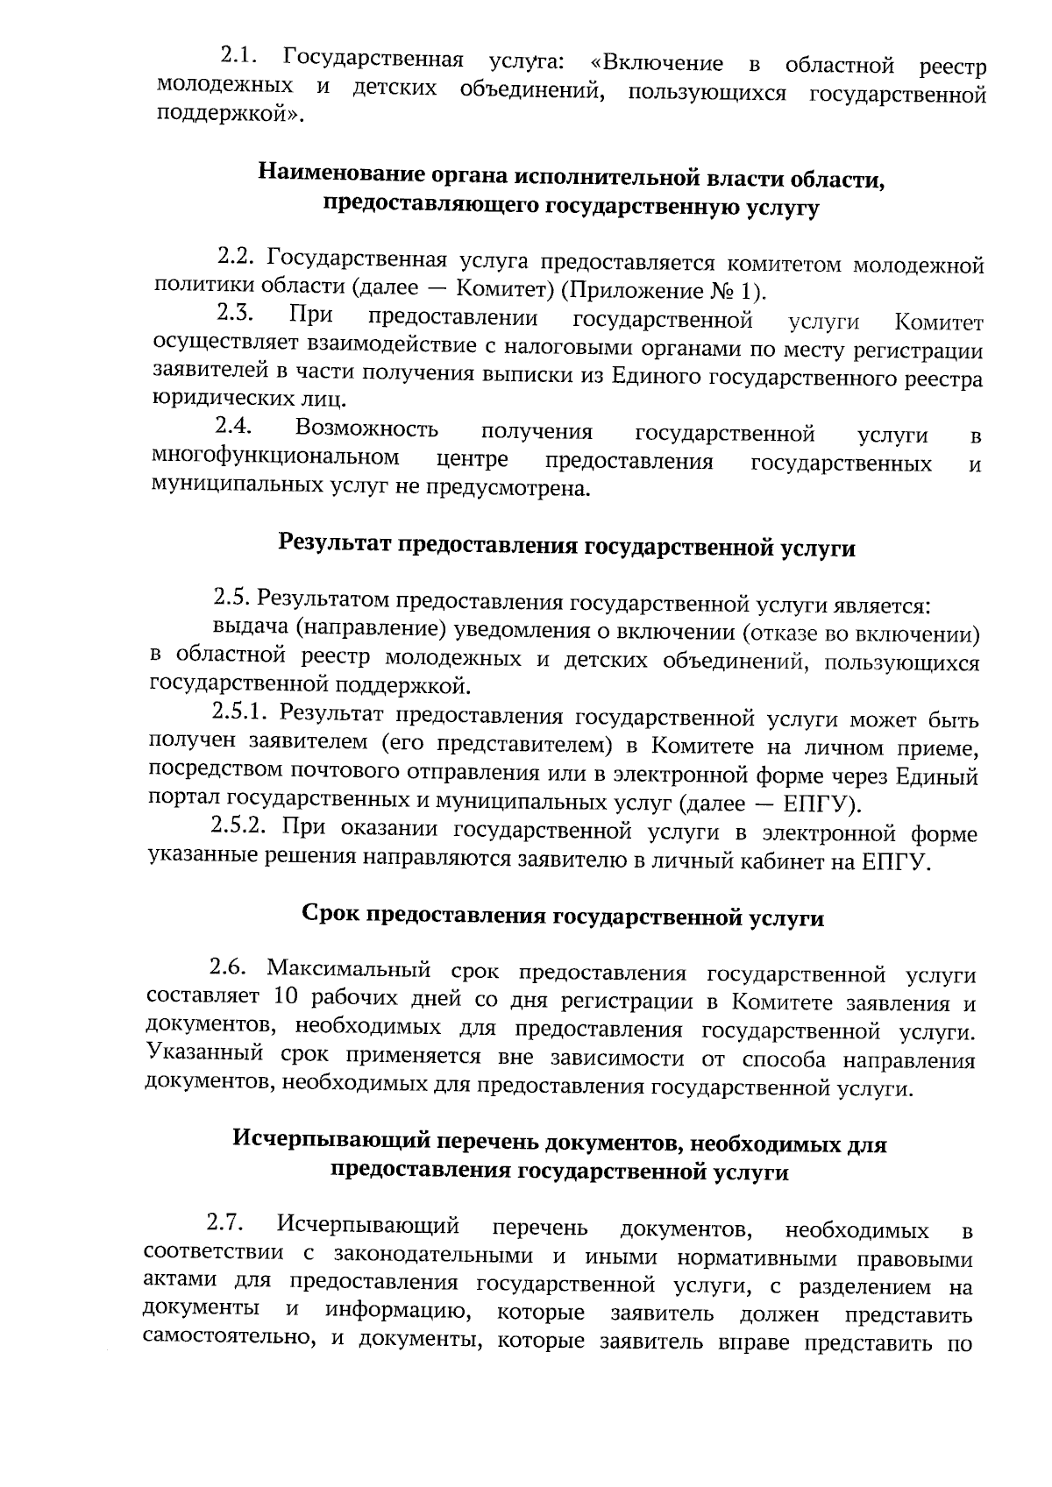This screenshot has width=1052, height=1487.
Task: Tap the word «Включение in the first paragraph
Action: tap(657, 63)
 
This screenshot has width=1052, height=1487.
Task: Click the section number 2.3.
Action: tap(234, 313)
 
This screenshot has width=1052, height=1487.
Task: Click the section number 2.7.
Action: tap(225, 1223)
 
